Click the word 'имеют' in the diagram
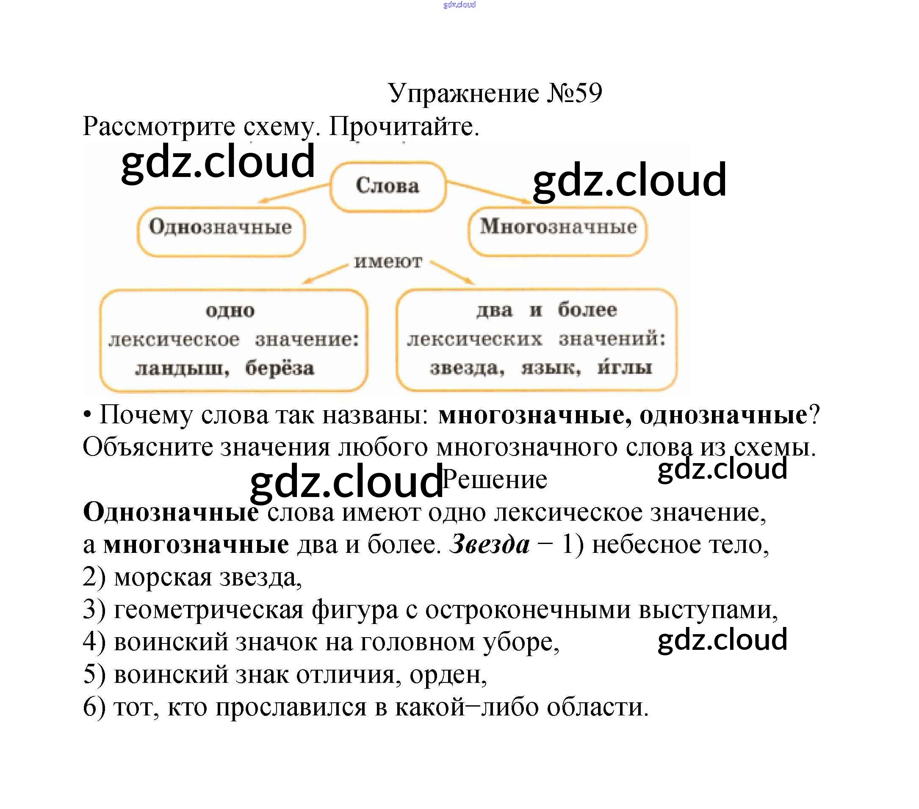(x=388, y=262)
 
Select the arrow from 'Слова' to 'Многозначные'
(x=489, y=192)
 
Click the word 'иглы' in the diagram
(x=625, y=367)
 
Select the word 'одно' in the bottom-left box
(x=230, y=311)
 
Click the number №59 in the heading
(x=575, y=93)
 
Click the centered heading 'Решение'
(x=495, y=480)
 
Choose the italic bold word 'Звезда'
(x=490, y=544)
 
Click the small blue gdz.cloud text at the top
(x=459, y=5)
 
